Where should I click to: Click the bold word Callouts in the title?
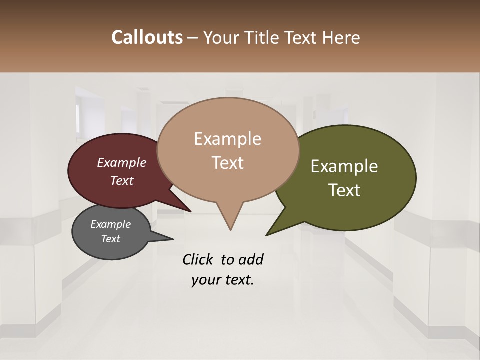147,37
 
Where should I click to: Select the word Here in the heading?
341,38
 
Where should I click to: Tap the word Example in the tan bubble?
227,139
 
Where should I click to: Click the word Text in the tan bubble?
228,163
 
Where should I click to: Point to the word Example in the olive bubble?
344,166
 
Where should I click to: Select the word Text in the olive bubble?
345,190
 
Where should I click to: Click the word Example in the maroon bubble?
121,162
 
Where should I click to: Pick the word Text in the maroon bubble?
122,180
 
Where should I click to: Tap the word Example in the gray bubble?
110,224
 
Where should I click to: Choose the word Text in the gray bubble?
111,239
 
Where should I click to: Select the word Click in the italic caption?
198,260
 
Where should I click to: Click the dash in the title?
193,38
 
